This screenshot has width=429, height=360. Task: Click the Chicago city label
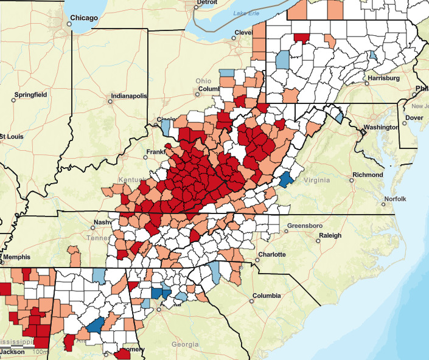click(x=85, y=18)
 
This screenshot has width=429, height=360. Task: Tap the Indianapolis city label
click(x=128, y=96)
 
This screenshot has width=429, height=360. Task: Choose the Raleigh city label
click(x=329, y=235)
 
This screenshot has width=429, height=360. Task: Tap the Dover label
click(x=414, y=117)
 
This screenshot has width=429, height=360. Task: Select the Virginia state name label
click(x=317, y=180)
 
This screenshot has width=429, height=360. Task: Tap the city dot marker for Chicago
click(x=69, y=24)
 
